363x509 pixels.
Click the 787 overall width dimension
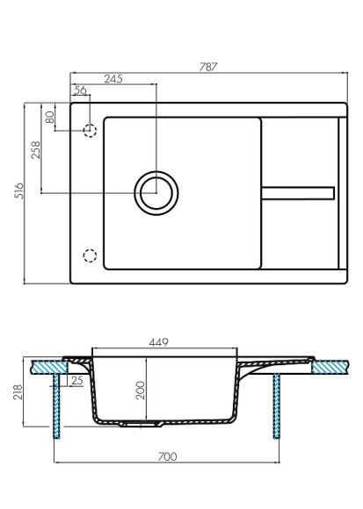coord(207,65)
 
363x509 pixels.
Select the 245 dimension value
coord(112,78)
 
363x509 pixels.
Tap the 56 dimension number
coord(80,90)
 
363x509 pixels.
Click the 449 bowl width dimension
coord(157,341)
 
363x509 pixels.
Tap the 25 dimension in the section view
coord(76,380)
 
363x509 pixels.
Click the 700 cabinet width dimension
coord(167,457)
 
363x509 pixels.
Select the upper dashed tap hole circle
coord(89,131)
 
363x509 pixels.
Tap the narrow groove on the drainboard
coord(298,191)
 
